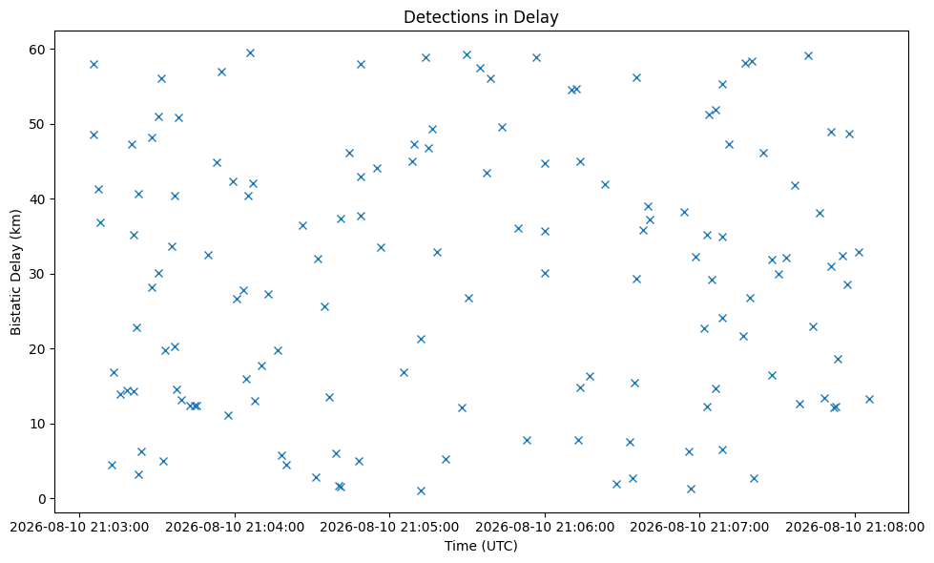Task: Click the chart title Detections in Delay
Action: pos(481,16)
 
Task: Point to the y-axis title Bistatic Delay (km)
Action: pos(15,272)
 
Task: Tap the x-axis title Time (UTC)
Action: pos(481,546)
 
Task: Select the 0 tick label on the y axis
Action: pos(42,499)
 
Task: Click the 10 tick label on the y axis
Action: pos(39,425)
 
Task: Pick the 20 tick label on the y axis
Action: pos(39,349)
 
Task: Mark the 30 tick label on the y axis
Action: pos(39,274)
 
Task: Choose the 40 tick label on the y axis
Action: pos(39,199)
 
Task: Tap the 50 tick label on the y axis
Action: pos(39,124)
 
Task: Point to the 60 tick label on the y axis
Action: pos(39,50)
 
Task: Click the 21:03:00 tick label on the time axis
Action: pos(80,528)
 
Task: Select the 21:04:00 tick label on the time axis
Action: pos(235,528)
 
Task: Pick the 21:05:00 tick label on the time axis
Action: pos(389,528)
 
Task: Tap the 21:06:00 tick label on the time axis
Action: pos(545,528)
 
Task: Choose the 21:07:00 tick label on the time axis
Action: pos(699,528)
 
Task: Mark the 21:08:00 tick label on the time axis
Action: pos(855,528)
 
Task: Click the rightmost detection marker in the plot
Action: pos(869,399)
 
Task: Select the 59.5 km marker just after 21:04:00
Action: pos(250,53)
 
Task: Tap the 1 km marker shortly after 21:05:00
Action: pos(421,490)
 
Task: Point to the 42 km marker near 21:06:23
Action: pos(605,185)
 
